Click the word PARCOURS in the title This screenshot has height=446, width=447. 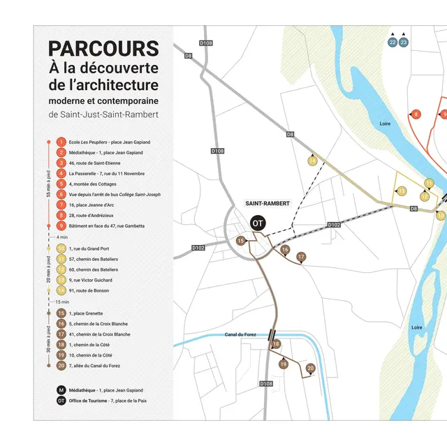[x=103, y=48]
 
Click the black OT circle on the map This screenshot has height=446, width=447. [x=258, y=223]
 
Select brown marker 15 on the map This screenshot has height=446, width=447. [x=240, y=241]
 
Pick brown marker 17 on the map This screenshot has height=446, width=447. [x=301, y=257]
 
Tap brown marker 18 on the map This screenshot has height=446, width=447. [x=276, y=344]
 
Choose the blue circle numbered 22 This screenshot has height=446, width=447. [x=393, y=43]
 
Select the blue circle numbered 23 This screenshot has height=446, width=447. [x=404, y=43]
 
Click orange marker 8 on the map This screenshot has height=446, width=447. [x=416, y=114]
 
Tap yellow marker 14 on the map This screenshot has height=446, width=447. [x=312, y=161]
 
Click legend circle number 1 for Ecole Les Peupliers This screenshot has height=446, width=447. [x=61, y=142]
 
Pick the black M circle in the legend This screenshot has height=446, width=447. [x=61, y=390]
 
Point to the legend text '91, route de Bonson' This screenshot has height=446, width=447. [x=90, y=290]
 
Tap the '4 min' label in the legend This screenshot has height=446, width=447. [x=61, y=237]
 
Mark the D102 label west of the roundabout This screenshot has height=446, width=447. [x=198, y=248]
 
